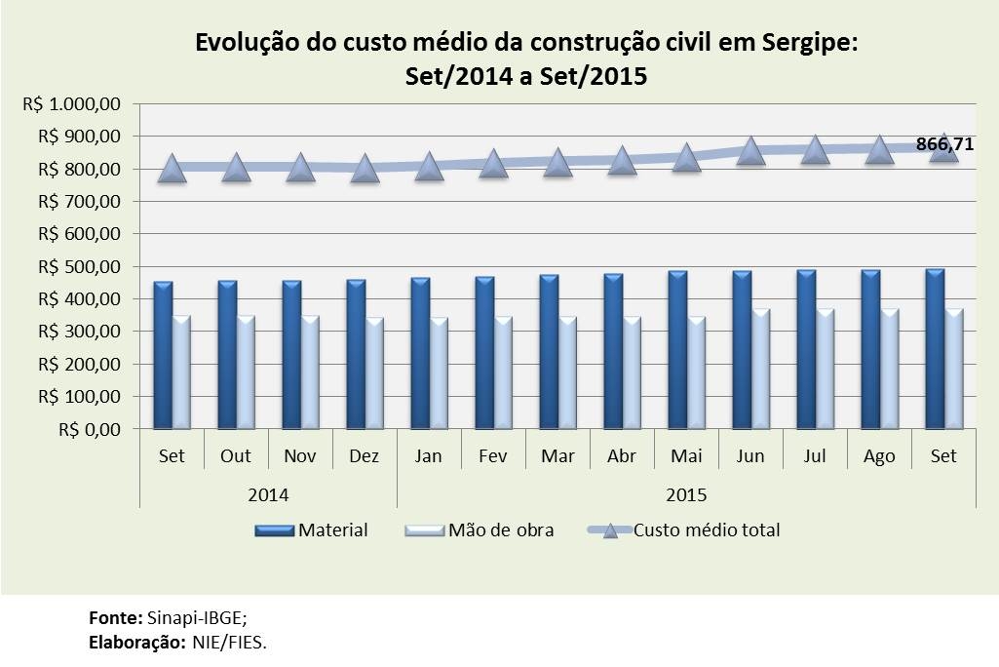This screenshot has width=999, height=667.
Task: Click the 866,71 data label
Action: (x=944, y=145)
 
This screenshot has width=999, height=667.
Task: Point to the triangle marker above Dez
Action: (x=365, y=169)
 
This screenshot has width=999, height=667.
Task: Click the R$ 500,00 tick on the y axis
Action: (x=79, y=266)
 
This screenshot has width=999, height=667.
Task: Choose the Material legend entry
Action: (x=312, y=530)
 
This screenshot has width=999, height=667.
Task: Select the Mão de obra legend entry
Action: (x=479, y=530)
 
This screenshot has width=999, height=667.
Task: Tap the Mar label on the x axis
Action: (x=557, y=456)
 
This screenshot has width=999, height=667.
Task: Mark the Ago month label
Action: (x=879, y=456)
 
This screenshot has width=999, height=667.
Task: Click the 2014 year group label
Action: (x=268, y=494)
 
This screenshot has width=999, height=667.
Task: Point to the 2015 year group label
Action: (x=686, y=494)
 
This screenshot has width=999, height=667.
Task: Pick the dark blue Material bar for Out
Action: (x=227, y=354)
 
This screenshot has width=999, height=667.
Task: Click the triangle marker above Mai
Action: (x=686, y=157)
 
